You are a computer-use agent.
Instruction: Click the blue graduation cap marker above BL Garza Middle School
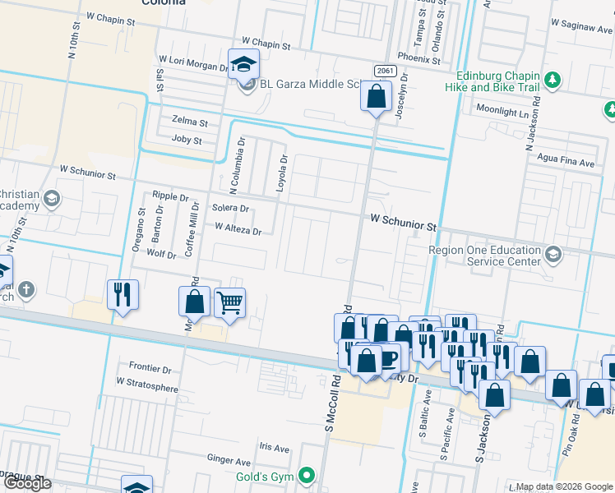point(243,63)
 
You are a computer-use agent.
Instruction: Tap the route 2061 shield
point(383,71)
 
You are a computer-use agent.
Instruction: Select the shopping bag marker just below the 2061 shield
point(376,97)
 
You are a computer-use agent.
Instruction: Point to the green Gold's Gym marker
point(307,474)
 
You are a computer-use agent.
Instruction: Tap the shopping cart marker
point(230,302)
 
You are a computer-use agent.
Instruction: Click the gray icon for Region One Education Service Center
point(552,255)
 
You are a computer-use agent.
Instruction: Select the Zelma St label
point(189,122)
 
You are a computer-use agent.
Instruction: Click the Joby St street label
point(187,140)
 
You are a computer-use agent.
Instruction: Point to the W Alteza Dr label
point(237,231)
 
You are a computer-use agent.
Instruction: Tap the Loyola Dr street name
point(281,173)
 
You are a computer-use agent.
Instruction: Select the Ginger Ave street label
point(229,462)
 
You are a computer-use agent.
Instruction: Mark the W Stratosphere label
point(147,382)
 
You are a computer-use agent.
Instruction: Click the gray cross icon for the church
point(26,289)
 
